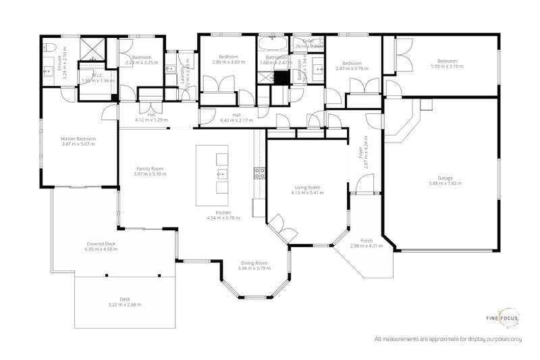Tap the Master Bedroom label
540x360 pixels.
tap(78, 139)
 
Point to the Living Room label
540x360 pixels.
tap(307, 187)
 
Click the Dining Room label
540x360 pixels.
tap(253, 263)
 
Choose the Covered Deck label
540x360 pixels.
tap(101, 244)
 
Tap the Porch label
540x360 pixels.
tap(367, 240)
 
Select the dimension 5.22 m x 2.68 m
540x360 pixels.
tap(125, 305)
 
